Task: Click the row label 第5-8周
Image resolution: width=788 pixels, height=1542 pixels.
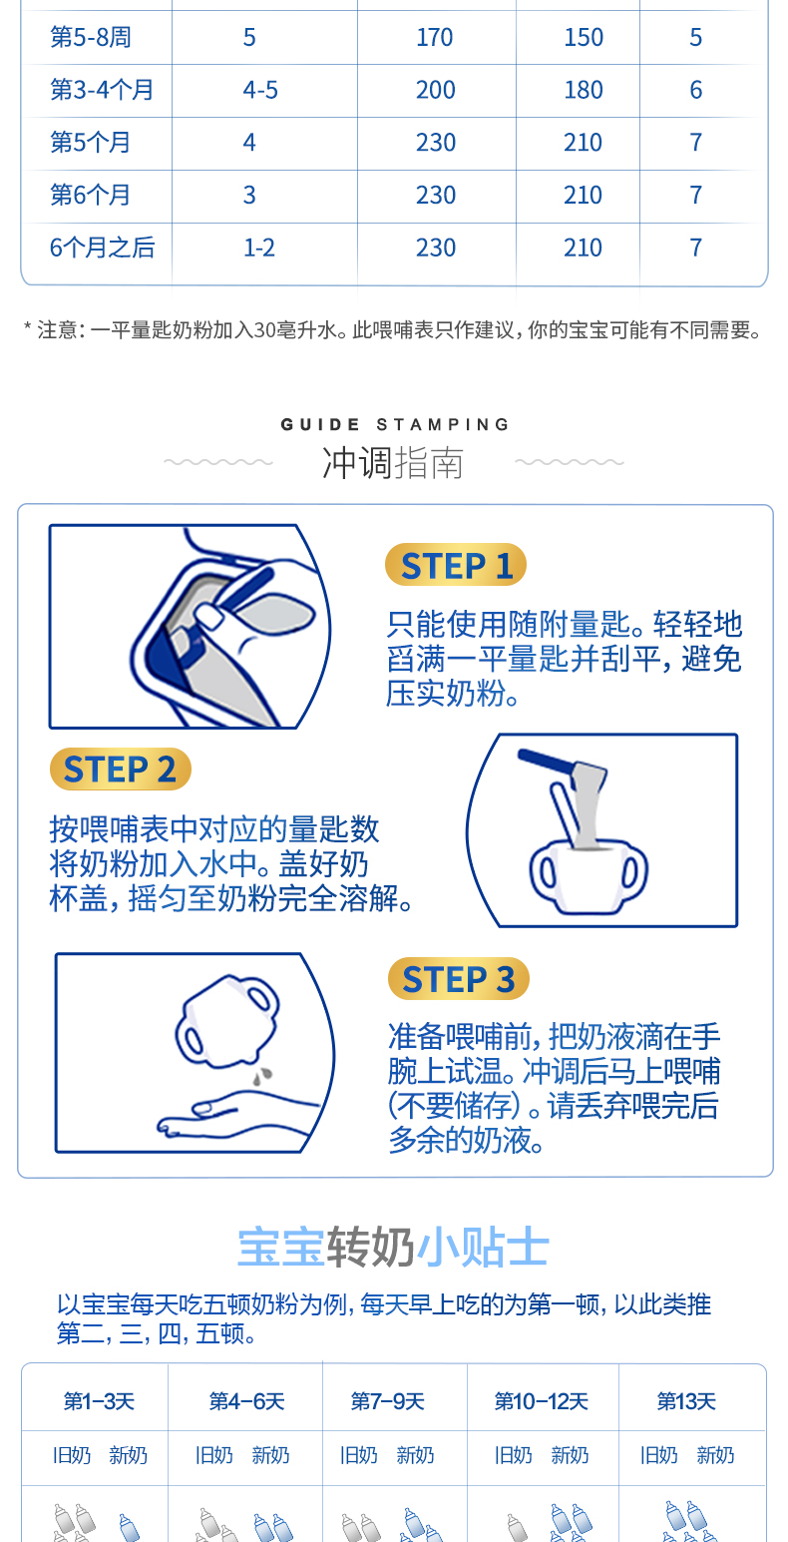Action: coord(90,37)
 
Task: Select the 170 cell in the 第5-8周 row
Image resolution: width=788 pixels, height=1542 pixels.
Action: coord(434,37)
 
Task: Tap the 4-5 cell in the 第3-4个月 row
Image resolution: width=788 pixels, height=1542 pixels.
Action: coord(260,90)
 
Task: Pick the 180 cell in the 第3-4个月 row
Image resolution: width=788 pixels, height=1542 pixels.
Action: coord(584,90)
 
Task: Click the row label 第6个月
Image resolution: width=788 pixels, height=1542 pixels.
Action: coord(90,195)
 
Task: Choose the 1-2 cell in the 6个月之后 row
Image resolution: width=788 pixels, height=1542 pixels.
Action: coord(259,248)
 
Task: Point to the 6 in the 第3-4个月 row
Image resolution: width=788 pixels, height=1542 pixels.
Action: coord(696,90)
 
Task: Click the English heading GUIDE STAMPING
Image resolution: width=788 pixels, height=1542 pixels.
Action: coord(394,425)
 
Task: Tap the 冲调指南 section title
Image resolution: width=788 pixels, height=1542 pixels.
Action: coord(393,463)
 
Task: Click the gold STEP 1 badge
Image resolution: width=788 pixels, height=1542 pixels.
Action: coord(456,565)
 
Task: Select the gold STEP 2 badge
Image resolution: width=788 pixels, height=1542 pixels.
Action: coord(121,769)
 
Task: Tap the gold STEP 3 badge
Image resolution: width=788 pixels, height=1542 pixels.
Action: coord(459,979)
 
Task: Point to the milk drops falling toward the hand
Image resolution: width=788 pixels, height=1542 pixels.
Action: coord(262,1076)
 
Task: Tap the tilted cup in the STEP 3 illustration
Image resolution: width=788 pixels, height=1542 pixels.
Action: coord(227,1020)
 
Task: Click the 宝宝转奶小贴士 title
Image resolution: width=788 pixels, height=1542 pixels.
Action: coord(393,1247)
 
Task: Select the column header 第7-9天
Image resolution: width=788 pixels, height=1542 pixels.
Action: coord(387,1401)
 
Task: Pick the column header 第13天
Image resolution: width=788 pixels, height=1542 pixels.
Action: coord(686,1401)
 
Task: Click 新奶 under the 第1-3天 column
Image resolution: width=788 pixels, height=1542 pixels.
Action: coord(128,1454)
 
